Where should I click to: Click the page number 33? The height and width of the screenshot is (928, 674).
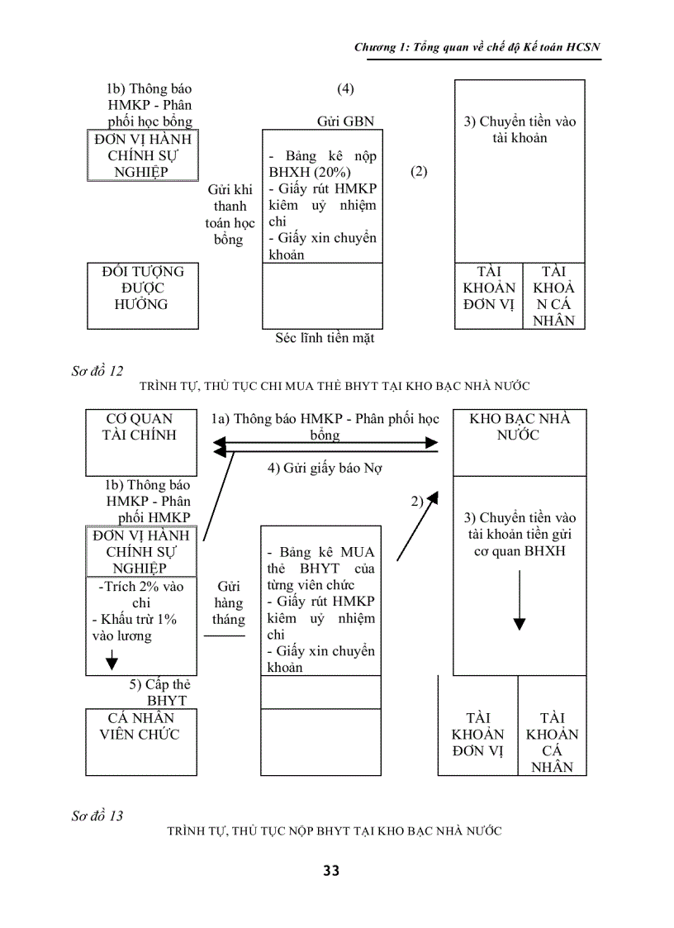[331, 871]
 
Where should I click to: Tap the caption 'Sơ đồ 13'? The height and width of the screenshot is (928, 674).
[97, 816]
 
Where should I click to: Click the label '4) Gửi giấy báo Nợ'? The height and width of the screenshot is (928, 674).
[324, 468]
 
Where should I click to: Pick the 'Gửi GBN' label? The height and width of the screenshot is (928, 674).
[345, 121]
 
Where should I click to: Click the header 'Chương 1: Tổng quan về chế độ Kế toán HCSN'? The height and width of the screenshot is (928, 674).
[477, 48]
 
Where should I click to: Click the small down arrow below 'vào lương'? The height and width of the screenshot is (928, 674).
[112, 659]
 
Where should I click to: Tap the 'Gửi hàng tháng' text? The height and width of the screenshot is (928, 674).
[229, 602]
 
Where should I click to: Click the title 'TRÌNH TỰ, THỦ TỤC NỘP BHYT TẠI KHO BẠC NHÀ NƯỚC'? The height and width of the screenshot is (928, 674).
[335, 831]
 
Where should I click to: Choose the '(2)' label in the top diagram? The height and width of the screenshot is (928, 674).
[419, 172]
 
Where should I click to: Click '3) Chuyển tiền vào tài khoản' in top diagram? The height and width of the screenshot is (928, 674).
[520, 130]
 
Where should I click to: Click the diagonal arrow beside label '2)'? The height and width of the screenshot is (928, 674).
[413, 533]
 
